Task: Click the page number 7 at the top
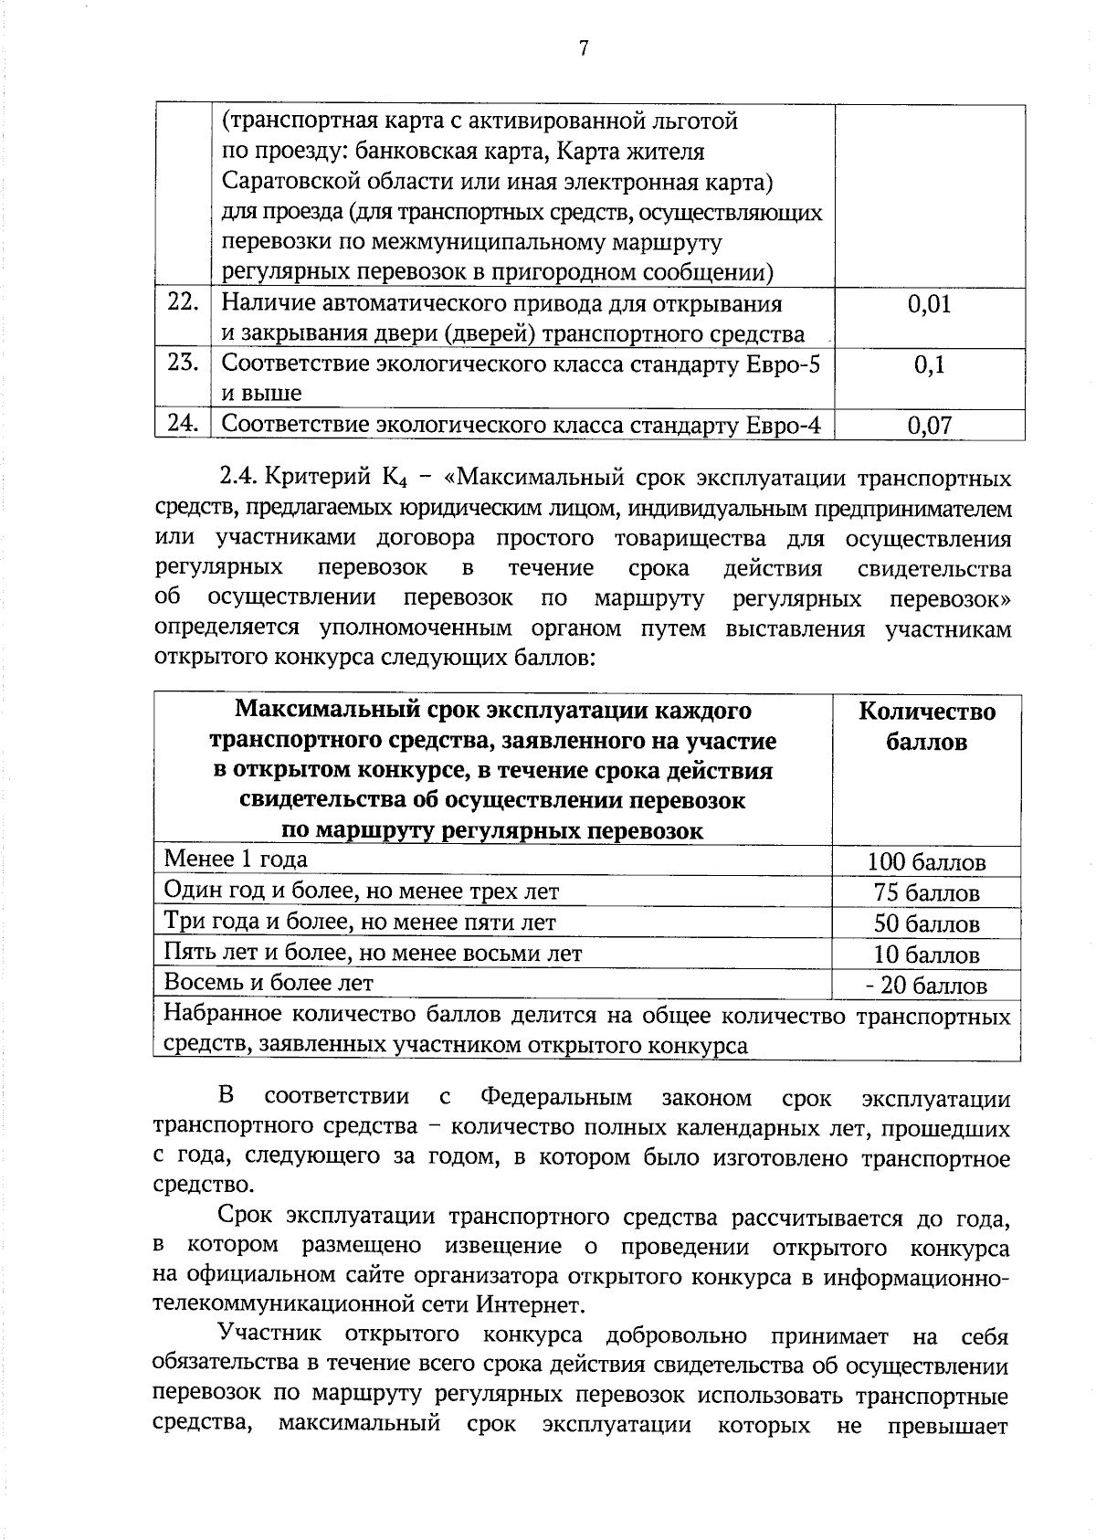(583, 48)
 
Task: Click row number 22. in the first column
(183, 302)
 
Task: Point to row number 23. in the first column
(183, 363)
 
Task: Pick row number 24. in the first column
(183, 423)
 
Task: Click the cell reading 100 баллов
(926, 862)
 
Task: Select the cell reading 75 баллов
(926, 893)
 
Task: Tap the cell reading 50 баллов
(926, 923)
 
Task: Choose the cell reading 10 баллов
(926, 955)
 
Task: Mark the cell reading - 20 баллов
(926, 986)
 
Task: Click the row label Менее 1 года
(236, 860)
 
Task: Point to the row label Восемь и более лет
(269, 983)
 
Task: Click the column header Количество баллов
(926, 726)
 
